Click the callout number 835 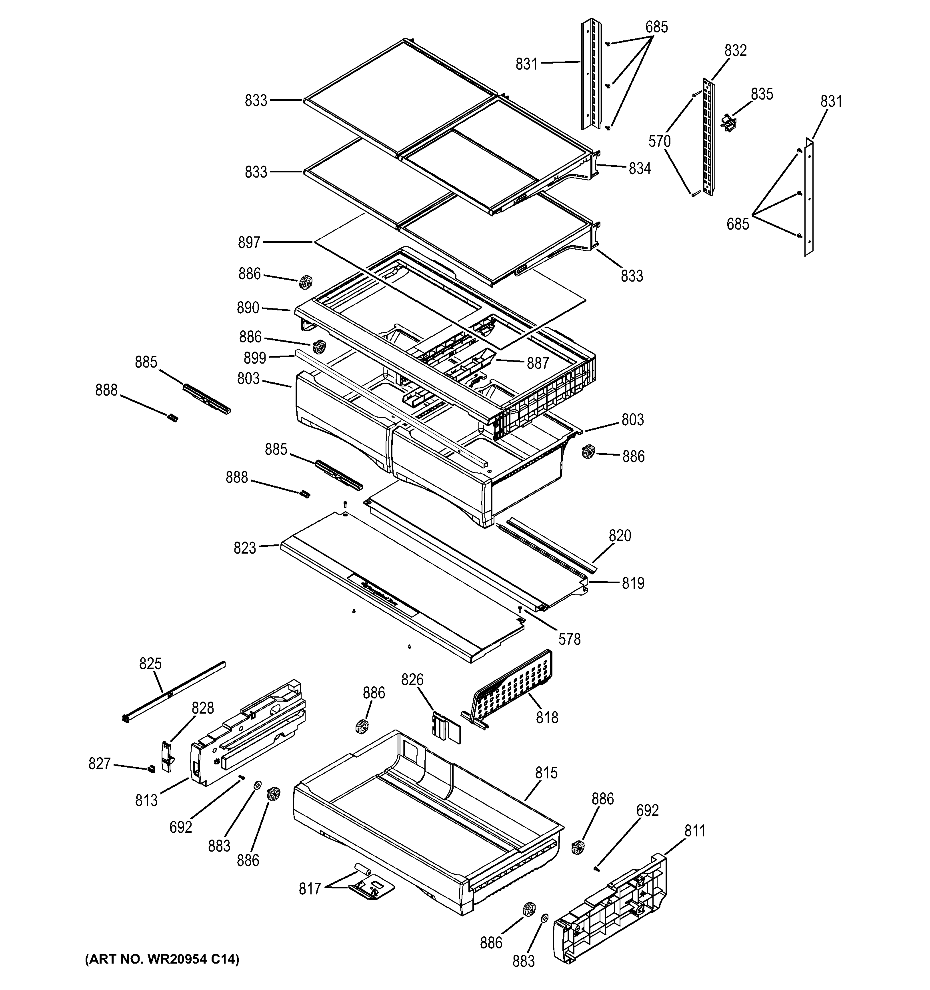(x=762, y=94)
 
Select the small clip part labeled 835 (x=728, y=122)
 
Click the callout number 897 (x=249, y=242)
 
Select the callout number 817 (x=310, y=888)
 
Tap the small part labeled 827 (x=150, y=768)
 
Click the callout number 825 (x=150, y=664)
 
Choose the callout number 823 (x=244, y=548)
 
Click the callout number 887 (x=538, y=364)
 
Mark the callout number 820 (x=620, y=536)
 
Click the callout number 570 (x=659, y=142)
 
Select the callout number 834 (x=640, y=169)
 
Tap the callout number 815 (x=546, y=773)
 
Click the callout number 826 (x=412, y=680)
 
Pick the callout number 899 (x=255, y=358)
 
